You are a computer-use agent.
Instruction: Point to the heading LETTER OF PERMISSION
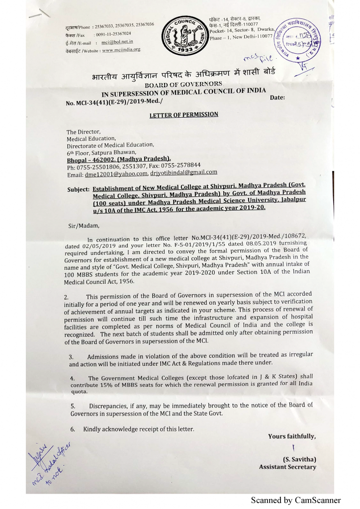[184, 115]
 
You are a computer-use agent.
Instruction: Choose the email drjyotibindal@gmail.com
[185, 172]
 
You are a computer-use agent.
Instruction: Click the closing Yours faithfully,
[291, 436]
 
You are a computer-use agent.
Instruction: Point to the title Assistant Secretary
[287, 467]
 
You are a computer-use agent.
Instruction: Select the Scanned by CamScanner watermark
[296, 500]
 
